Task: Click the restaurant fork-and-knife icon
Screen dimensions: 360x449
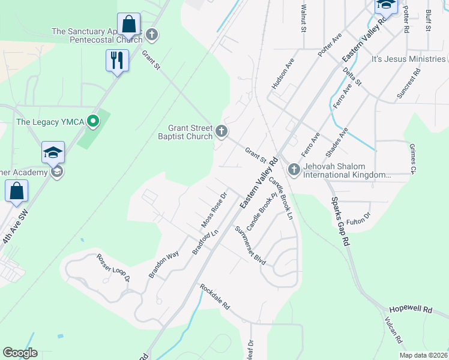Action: point(117,60)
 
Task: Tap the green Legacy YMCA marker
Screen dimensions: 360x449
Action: point(93,122)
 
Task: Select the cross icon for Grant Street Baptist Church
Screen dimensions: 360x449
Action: point(221,131)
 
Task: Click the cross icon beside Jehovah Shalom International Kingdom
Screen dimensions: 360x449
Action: point(294,170)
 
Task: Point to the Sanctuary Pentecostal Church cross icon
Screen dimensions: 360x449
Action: point(152,35)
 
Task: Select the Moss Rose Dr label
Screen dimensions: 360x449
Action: point(214,210)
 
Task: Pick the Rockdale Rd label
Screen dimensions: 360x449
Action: point(215,296)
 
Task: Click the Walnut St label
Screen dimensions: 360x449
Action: point(304,20)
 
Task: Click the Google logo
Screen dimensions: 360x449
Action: point(20,353)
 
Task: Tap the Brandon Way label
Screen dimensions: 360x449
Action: point(164,265)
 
